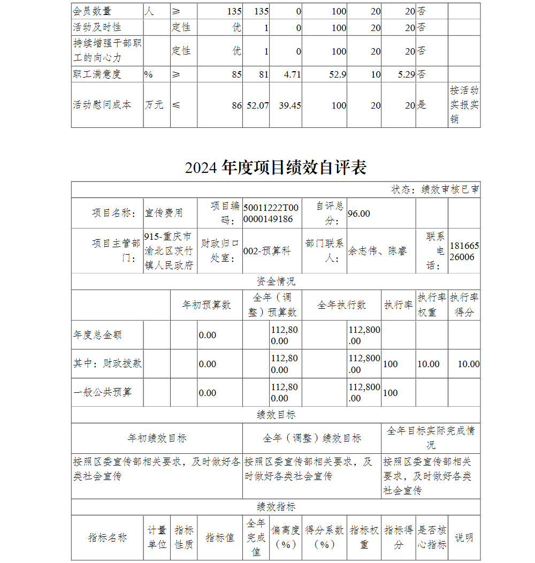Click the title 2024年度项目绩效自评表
(276, 168)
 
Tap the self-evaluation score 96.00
(359, 214)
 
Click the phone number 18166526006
(464, 251)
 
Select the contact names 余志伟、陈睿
(377, 251)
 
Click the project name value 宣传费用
(164, 213)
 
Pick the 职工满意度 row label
(97, 74)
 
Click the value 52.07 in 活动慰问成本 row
(257, 105)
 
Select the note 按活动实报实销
(464, 105)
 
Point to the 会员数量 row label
(92, 11)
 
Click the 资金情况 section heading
(276, 281)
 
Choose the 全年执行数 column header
(341, 305)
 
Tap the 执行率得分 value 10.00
(468, 364)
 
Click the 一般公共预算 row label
(102, 392)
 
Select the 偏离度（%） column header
(285, 537)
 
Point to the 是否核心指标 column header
(432, 537)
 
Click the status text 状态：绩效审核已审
(435, 189)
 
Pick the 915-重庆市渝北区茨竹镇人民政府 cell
(170, 251)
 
